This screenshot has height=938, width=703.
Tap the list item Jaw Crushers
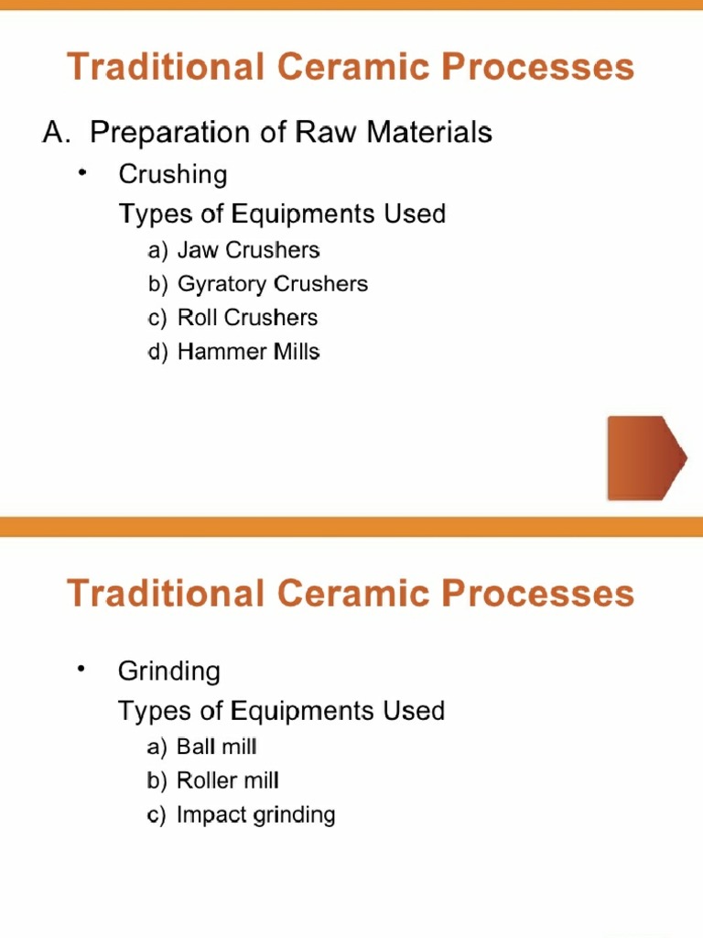tap(248, 250)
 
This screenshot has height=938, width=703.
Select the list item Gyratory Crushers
tap(272, 284)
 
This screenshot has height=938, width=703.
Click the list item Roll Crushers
tap(247, 318)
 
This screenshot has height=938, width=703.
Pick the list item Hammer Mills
tap(248, 352)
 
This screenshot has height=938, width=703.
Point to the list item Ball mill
tap(217, 747)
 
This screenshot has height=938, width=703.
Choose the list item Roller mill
tap(227, 781)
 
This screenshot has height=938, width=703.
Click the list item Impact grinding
tap(255, 815)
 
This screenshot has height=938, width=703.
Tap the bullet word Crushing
tap(173, 174)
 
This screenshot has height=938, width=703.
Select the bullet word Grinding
tap(169, 671)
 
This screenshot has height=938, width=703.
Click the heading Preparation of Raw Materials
tap(291, 133)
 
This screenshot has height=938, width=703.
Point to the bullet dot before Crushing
tap(82, 172)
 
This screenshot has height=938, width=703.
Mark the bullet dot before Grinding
tap(82, 670)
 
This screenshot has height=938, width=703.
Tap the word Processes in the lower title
tap(537, 593)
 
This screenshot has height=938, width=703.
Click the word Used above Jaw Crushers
tap(415, 214)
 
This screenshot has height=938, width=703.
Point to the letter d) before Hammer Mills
tap(158, 352)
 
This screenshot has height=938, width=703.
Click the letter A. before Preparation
tap(57, 133)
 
